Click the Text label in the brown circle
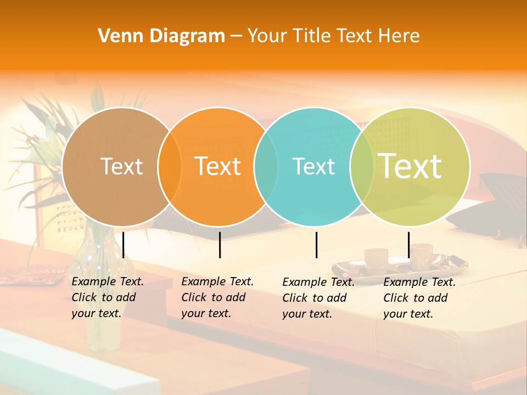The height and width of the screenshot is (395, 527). coord(121,166)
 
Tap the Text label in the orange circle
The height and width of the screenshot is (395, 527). coord(217,166)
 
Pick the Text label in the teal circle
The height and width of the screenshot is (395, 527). coord(313,166)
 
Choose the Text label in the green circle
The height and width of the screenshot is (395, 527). coord(410,166)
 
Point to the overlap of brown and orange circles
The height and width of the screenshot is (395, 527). coord(170,166)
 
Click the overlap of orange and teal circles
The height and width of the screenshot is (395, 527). coord(266,166)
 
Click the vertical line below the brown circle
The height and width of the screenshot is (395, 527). coord(124,245)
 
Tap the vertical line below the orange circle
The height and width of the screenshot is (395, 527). coord(220,245)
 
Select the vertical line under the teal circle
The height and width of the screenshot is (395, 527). coord(317,245)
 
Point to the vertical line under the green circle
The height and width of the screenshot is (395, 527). coord(408,245)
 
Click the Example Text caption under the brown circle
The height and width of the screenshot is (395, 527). coord(107,297)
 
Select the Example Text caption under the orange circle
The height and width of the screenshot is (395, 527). coord(217,297)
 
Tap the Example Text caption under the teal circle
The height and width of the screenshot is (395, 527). coord(318,298)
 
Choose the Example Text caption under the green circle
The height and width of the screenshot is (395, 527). coord(419,298)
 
